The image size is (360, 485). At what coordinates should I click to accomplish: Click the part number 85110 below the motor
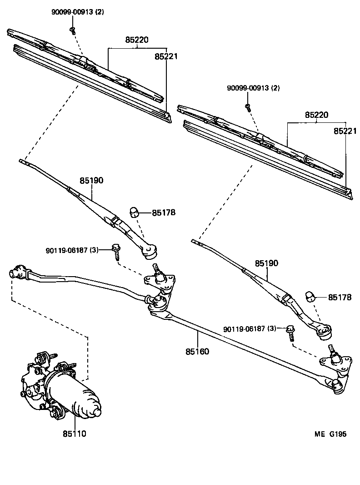click(x=75, y=434)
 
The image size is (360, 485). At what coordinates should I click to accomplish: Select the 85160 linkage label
click(x=197, y=351)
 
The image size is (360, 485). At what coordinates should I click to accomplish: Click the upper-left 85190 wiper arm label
click(x=92, y=181)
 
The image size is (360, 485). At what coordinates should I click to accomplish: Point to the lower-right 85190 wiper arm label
click(x=266, y=263)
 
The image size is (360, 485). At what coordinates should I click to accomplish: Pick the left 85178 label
click(x=164, y=212)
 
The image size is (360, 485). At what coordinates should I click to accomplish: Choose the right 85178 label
click(x=340, y=297)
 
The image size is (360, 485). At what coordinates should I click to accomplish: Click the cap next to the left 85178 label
click(x=135, y=212)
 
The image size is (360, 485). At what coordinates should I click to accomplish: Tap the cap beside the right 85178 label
click(x=310, y=296)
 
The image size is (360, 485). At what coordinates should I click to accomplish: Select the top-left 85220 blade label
click(x=137, y=40)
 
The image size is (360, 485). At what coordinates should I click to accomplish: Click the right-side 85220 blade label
click(x=317, y=116)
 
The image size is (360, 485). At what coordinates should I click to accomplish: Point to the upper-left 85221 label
click(x=166, y=57)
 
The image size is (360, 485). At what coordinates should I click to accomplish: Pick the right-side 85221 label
click(x=345, y=131)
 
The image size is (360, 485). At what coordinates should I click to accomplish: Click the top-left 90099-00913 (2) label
click(x=77, y=12)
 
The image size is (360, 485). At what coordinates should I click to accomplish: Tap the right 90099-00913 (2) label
click(x=253, y=88)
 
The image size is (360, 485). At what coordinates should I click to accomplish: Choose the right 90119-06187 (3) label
click(x=250, y=329)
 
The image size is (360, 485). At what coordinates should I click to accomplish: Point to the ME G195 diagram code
click(x=330, y=434)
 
